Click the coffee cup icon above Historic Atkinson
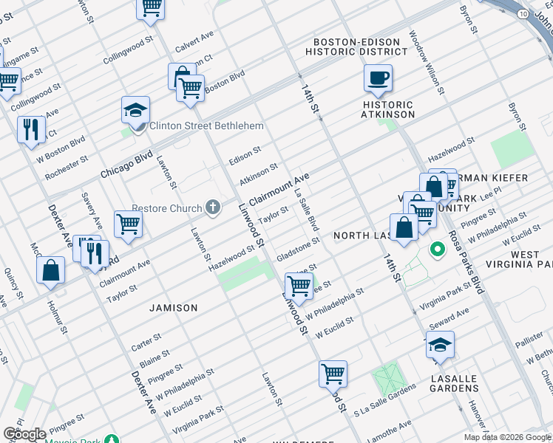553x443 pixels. pos(378,78)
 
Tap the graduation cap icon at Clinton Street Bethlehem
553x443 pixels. pos(136,110)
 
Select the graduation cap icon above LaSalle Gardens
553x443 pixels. pos(440,345)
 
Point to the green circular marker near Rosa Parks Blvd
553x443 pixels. pos(437,250)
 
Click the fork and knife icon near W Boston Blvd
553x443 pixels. pos(30,129)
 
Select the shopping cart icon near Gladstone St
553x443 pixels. pos(299,284)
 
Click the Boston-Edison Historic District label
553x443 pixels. pos(360,47)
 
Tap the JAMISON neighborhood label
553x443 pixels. pos(174,307)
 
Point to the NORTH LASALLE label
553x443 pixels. pos(362,236)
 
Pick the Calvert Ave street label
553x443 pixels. pos(194,44)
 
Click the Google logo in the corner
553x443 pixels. pos(24,434)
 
